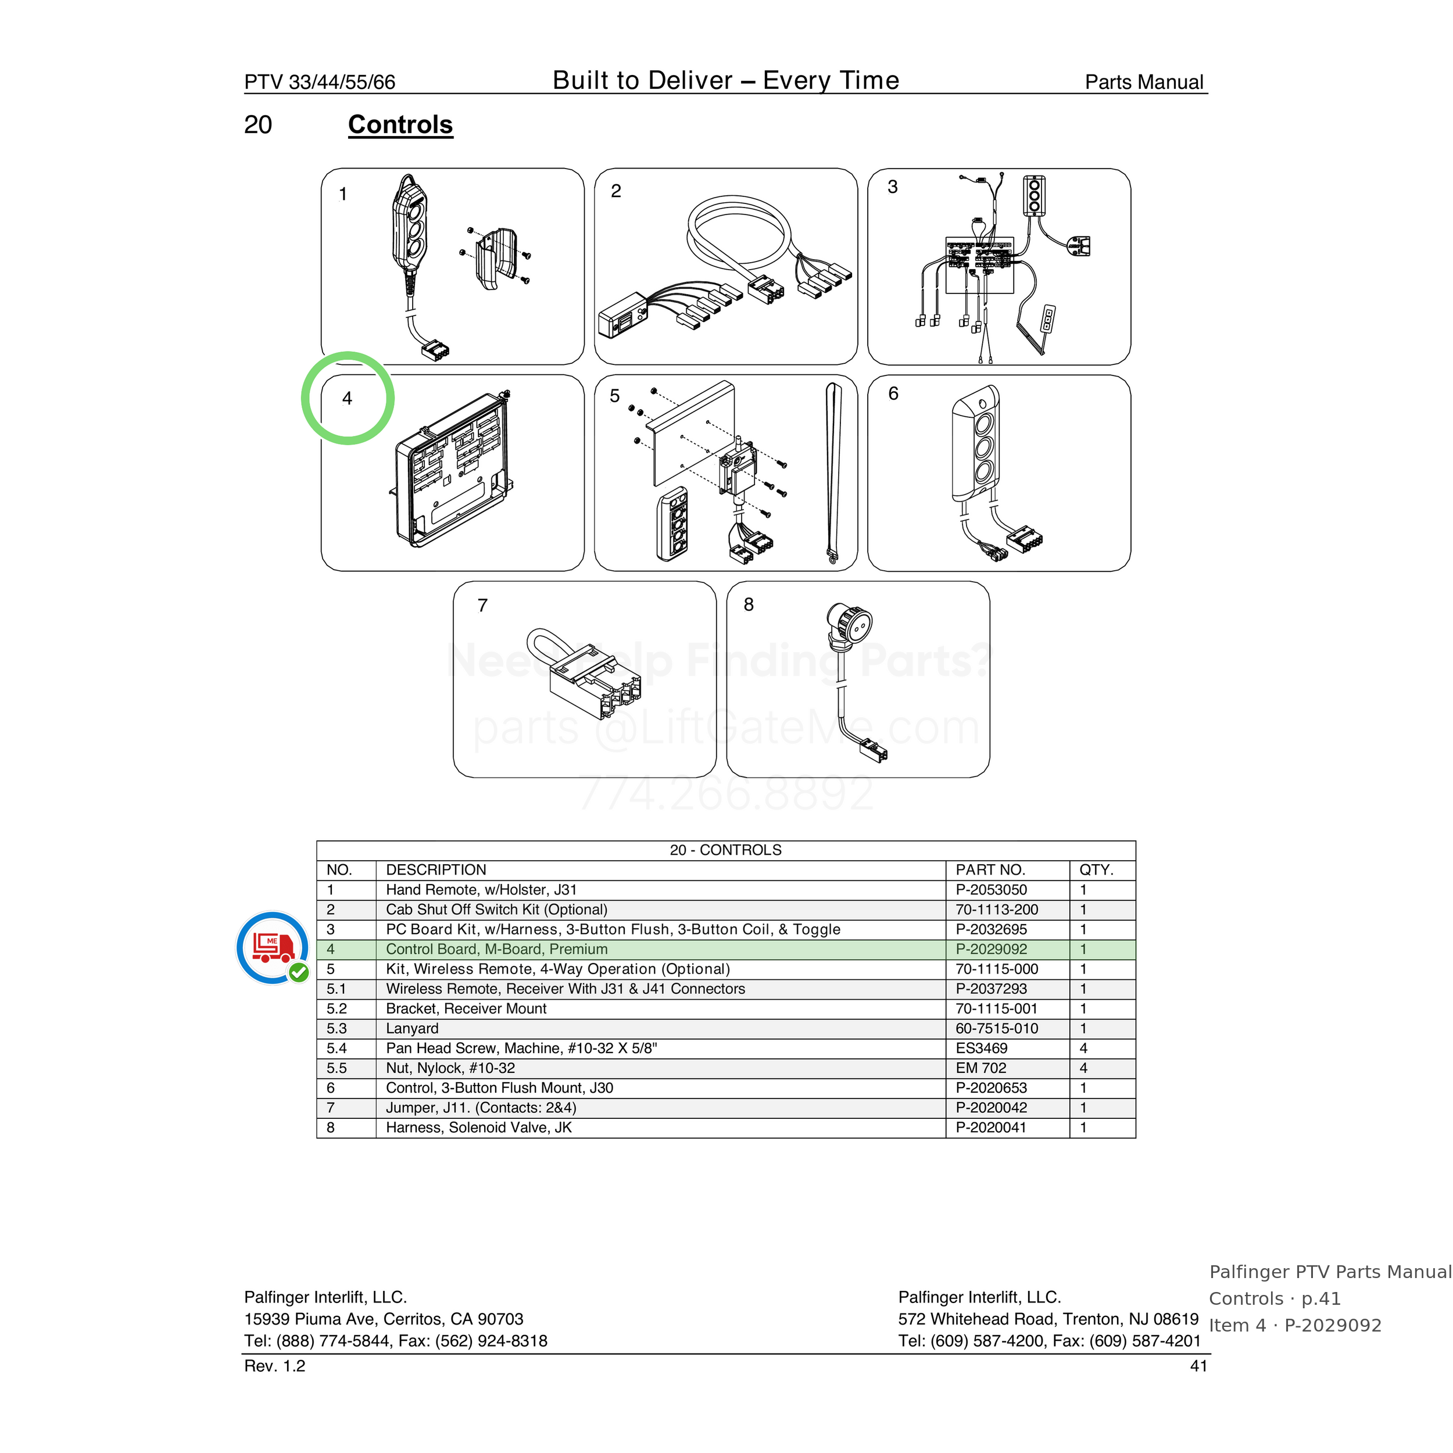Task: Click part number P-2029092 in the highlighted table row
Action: [990, 949]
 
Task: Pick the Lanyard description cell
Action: [412, 1028]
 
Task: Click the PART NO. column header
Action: [990, 869]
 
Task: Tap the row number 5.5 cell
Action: [337, 1068]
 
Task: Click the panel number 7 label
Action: [483, 606]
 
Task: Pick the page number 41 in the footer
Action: [1199, 1366]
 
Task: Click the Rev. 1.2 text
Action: [274, 1366]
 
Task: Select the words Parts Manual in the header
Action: [1144, 82]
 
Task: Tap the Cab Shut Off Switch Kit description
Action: [496, 909]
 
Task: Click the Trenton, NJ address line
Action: [1048, 1319]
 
